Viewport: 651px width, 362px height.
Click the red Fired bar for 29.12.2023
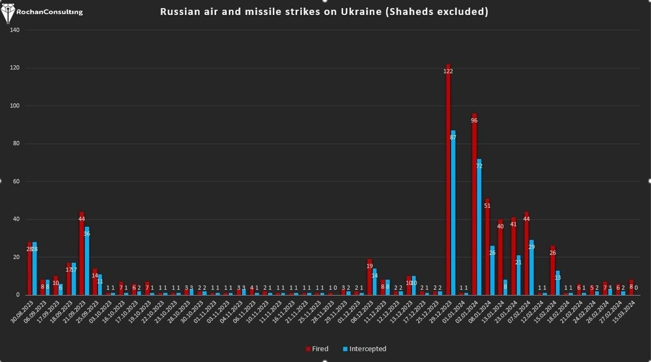click(448, 180)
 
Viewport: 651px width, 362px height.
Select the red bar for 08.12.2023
click(369, 278)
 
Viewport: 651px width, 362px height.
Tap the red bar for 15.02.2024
click(553, 271)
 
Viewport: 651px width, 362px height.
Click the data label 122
click(448, 71)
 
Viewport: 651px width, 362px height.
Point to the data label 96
click(474, 120)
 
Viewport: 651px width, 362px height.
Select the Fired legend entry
click(317, 349)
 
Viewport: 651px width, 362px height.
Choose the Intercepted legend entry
click(365, 349)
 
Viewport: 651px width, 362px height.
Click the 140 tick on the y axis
click(15, 30)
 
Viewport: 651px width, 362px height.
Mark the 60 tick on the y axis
click(16, 181)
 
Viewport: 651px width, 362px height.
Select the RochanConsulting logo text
click(49, 12)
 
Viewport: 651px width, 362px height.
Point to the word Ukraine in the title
click(361, 12)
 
